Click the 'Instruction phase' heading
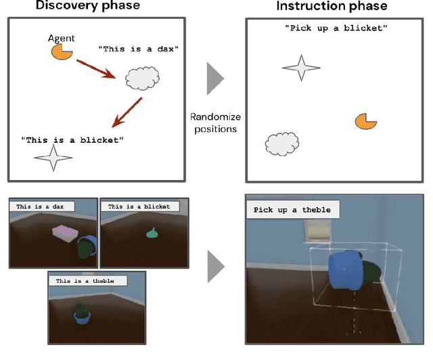pyautogui.click(x=332, y=6)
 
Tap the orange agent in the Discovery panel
pyautogui.click(x=62, y=51)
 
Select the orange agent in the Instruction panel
pyautogui.click(x=365, y=121)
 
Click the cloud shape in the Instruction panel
pyautogui.click(x=282, y=144)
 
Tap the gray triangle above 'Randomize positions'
pyautogui.click(x=214, y=78)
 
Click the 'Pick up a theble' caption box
pyautogui.click(x=292, y=210)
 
